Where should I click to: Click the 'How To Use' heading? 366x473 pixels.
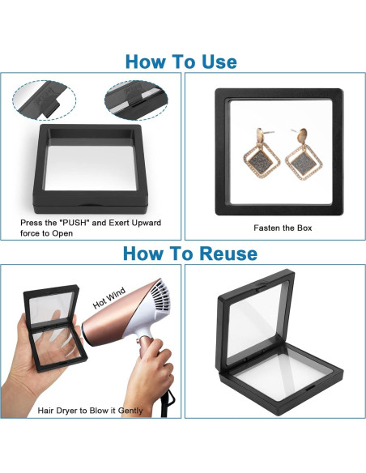pyautogui.click(x=181, y=62)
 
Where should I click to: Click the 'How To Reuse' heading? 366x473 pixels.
pyautogui.click(x=190, y=253)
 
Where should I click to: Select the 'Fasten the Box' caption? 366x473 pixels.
pyautogui.click(x=283, y=228)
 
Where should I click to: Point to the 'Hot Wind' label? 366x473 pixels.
pyautogui.click(x=109, y=298)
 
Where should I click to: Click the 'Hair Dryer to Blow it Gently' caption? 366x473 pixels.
pyautogui.click(x=90, y=411)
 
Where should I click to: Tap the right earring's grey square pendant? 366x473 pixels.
pyautogui.click(x=303, y=162)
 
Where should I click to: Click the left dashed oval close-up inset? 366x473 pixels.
pyautogui.click(x=44, y=100)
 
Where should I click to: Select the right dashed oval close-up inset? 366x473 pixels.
pyautogui.click(x=136, y=100)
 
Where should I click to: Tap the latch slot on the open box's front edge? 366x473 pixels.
pyautogui.click(x=310, y=388)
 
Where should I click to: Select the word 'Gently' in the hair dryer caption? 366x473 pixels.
pyautogui.click(x=130, y=411)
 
